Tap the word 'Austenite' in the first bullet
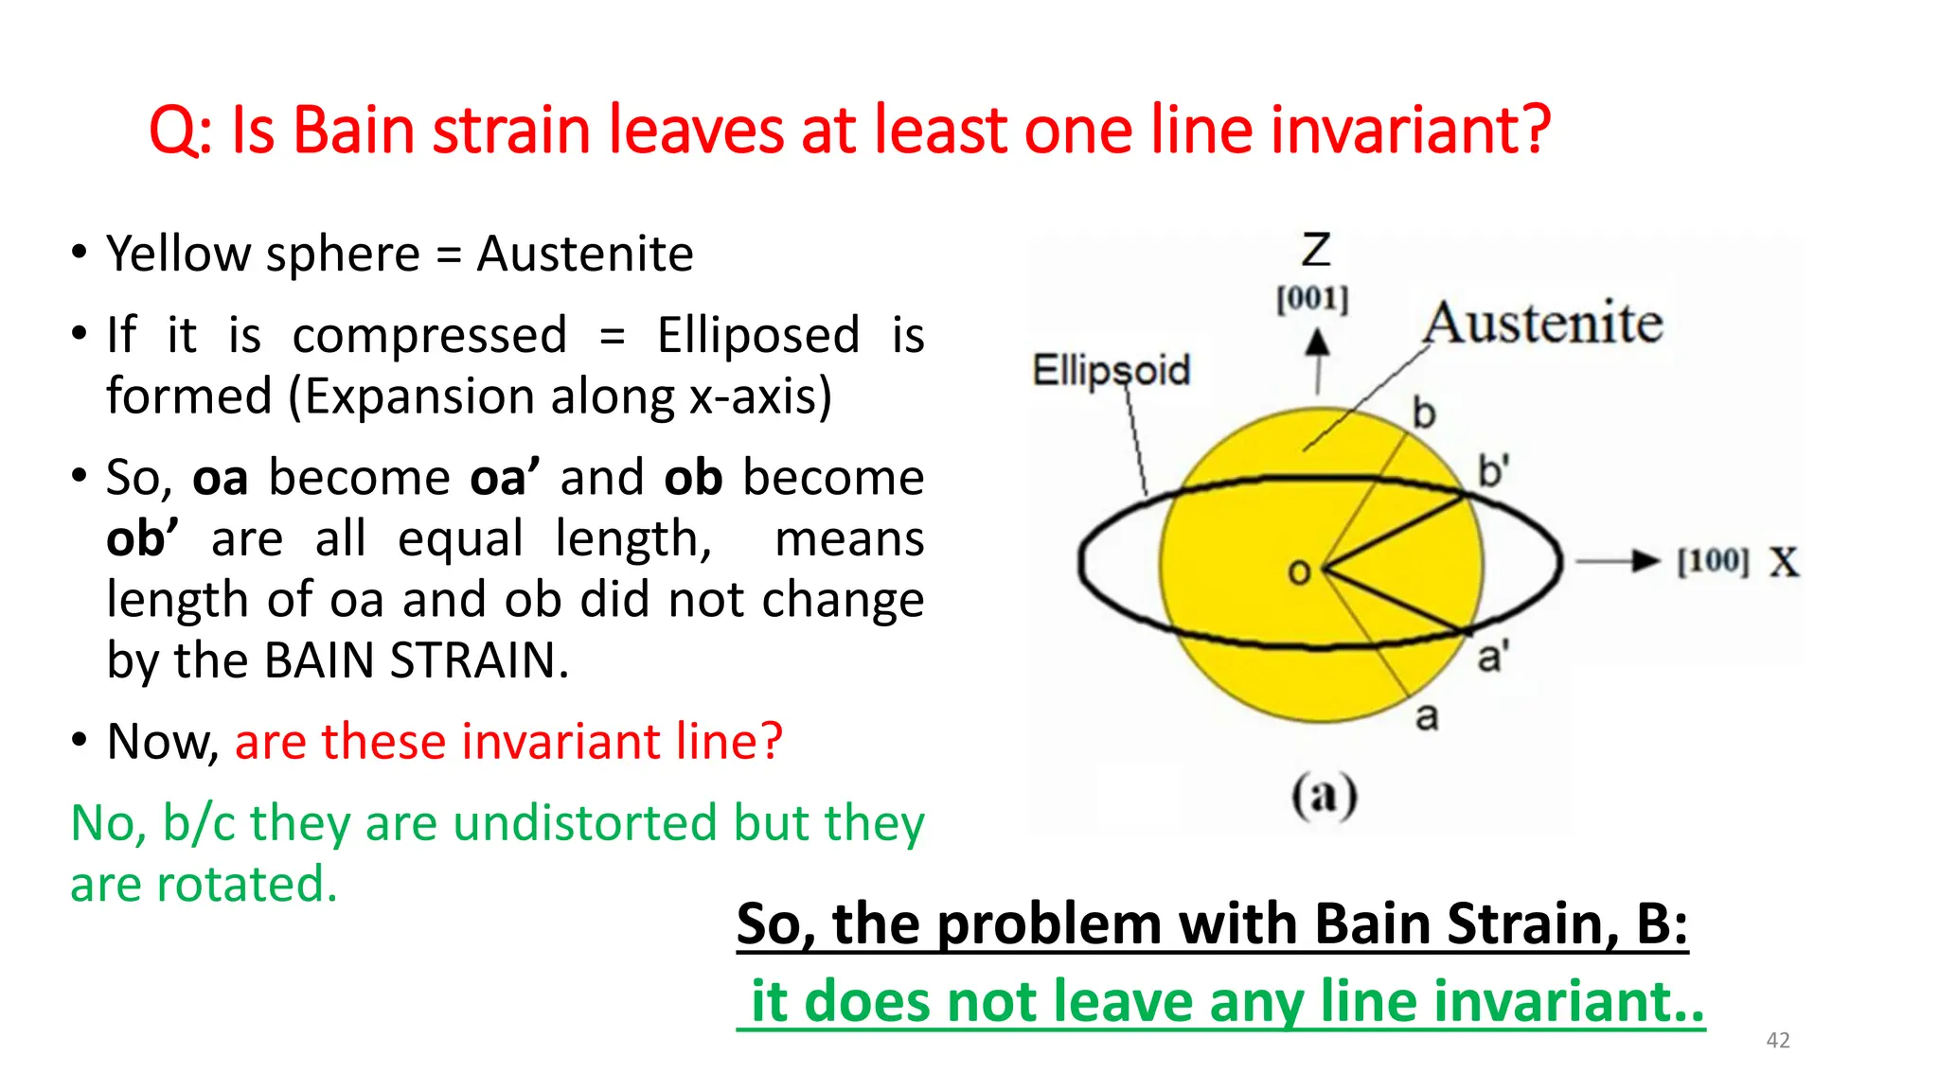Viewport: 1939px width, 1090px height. pyautogui.click(x=584, y=255)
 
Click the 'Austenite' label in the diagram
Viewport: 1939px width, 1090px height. pyautogui.click(x=1543, y=324)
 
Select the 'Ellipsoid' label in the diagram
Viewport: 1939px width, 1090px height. pyautogui.click(x=1111, y=370)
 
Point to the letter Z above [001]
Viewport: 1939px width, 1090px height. pyautogui.click(x=1315, y=251)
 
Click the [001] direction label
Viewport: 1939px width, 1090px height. pyautogui.click(x=1312, y=299)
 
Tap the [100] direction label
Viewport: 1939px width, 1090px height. pyautogui.click(x=1712, y=561)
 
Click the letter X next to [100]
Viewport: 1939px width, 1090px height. pyautogui.click(x=1784, y=562)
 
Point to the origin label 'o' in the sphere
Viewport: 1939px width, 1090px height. pyautogui.click(x=1299, y=571)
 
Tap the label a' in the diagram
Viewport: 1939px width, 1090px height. pyautogui.click(x=1492, y=656)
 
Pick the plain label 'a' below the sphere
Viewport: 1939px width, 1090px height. pyautogui.click(x=1427, y=716)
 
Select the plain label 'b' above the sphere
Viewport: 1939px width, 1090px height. pyautogui.click(x=1424, y=413)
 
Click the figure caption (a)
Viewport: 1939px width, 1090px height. pyautogui.click(x=1324, y=795)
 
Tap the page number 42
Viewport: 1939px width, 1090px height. pyautogui.click(x=1778, y=1041)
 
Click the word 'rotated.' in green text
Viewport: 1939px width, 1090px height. pyautogui.click(x=245, y=885)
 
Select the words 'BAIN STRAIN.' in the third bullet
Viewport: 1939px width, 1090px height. pyautogui.click(x=417, y=660)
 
